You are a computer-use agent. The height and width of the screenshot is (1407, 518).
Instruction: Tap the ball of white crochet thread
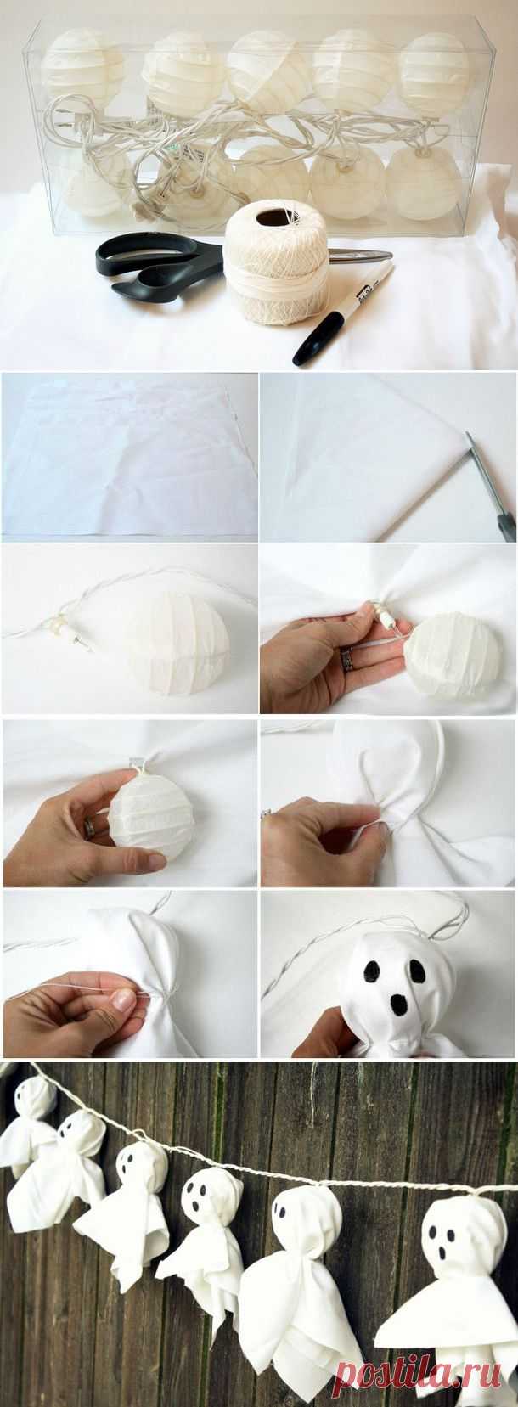tap(277, 265)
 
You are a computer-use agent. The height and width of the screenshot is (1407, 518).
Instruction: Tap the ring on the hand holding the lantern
tap(90, 827)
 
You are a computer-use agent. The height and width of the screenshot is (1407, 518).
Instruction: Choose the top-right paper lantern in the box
tap(433, 66)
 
